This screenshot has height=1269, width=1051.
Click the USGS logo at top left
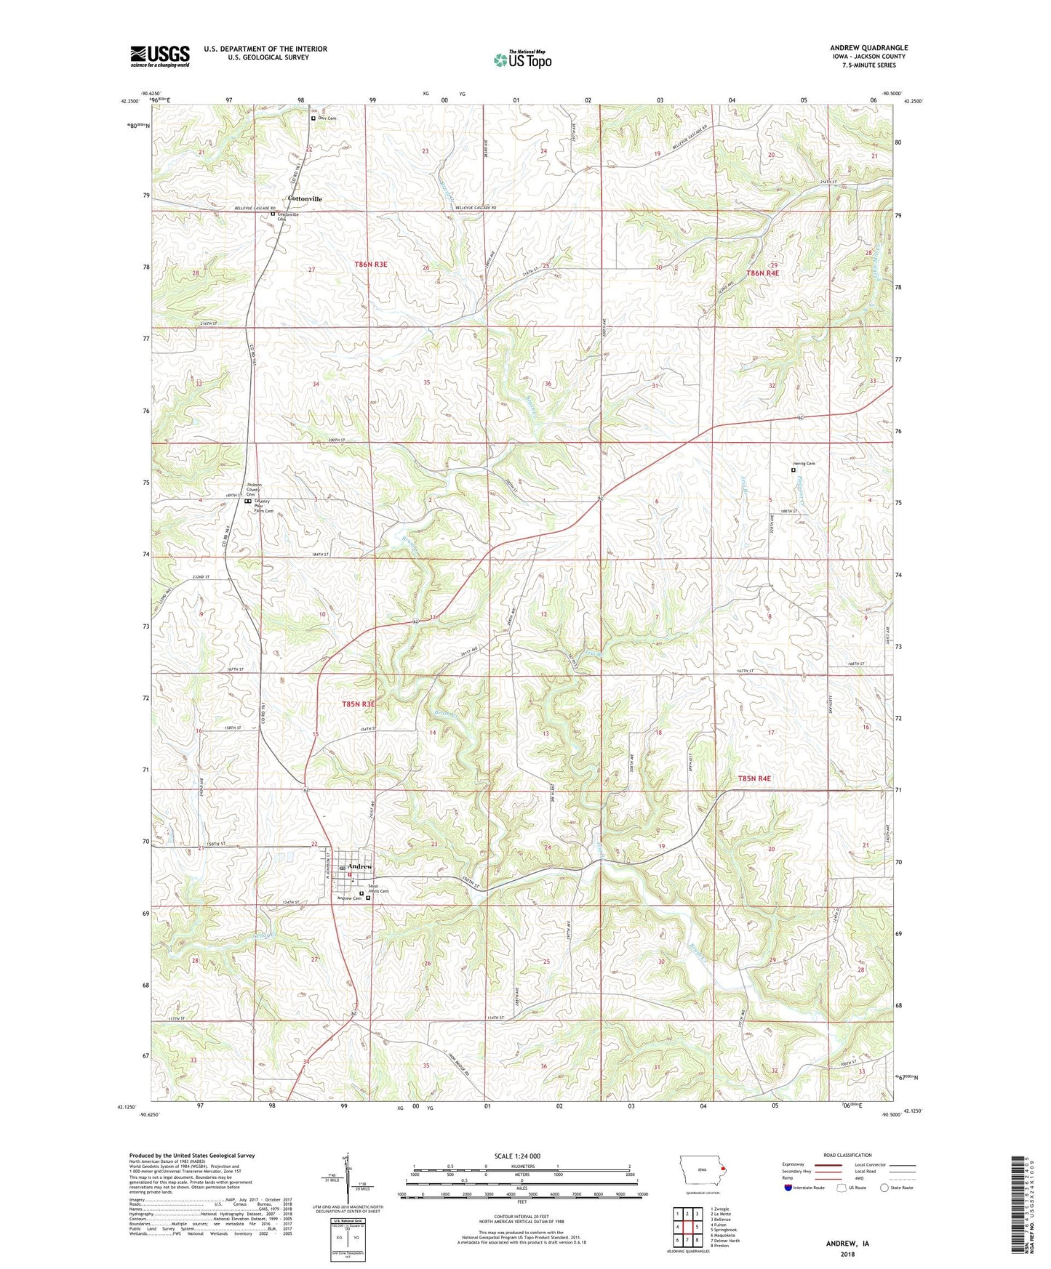pos(159,56)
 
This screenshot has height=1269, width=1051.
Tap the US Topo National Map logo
pos(521,59)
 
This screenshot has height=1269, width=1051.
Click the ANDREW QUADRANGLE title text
pos(868,48)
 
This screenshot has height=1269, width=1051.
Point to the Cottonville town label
pos(305,198)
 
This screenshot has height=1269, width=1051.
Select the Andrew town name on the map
pos(360,866)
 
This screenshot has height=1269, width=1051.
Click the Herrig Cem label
pos(804,464)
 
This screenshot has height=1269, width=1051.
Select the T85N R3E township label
pos(359,704)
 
